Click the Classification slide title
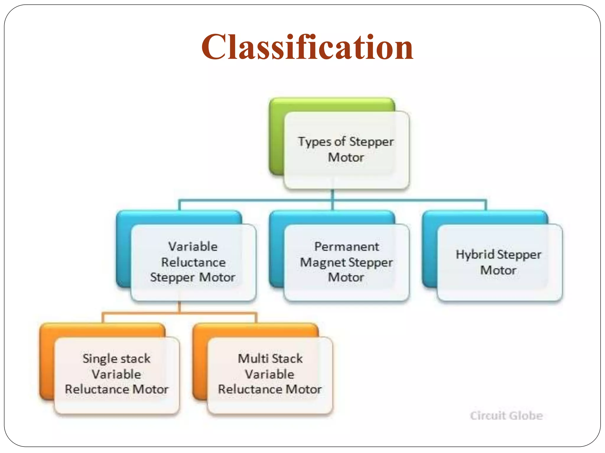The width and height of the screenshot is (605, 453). (307, 47)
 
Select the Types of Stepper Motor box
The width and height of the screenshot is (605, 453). (346, 150)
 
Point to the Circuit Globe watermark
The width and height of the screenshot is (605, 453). (506, 416)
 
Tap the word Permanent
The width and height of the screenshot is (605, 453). (346, 247)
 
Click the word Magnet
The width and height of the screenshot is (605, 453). (323, 262)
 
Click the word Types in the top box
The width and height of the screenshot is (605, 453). (314, 142)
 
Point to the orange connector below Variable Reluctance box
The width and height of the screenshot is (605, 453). (179, 312)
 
